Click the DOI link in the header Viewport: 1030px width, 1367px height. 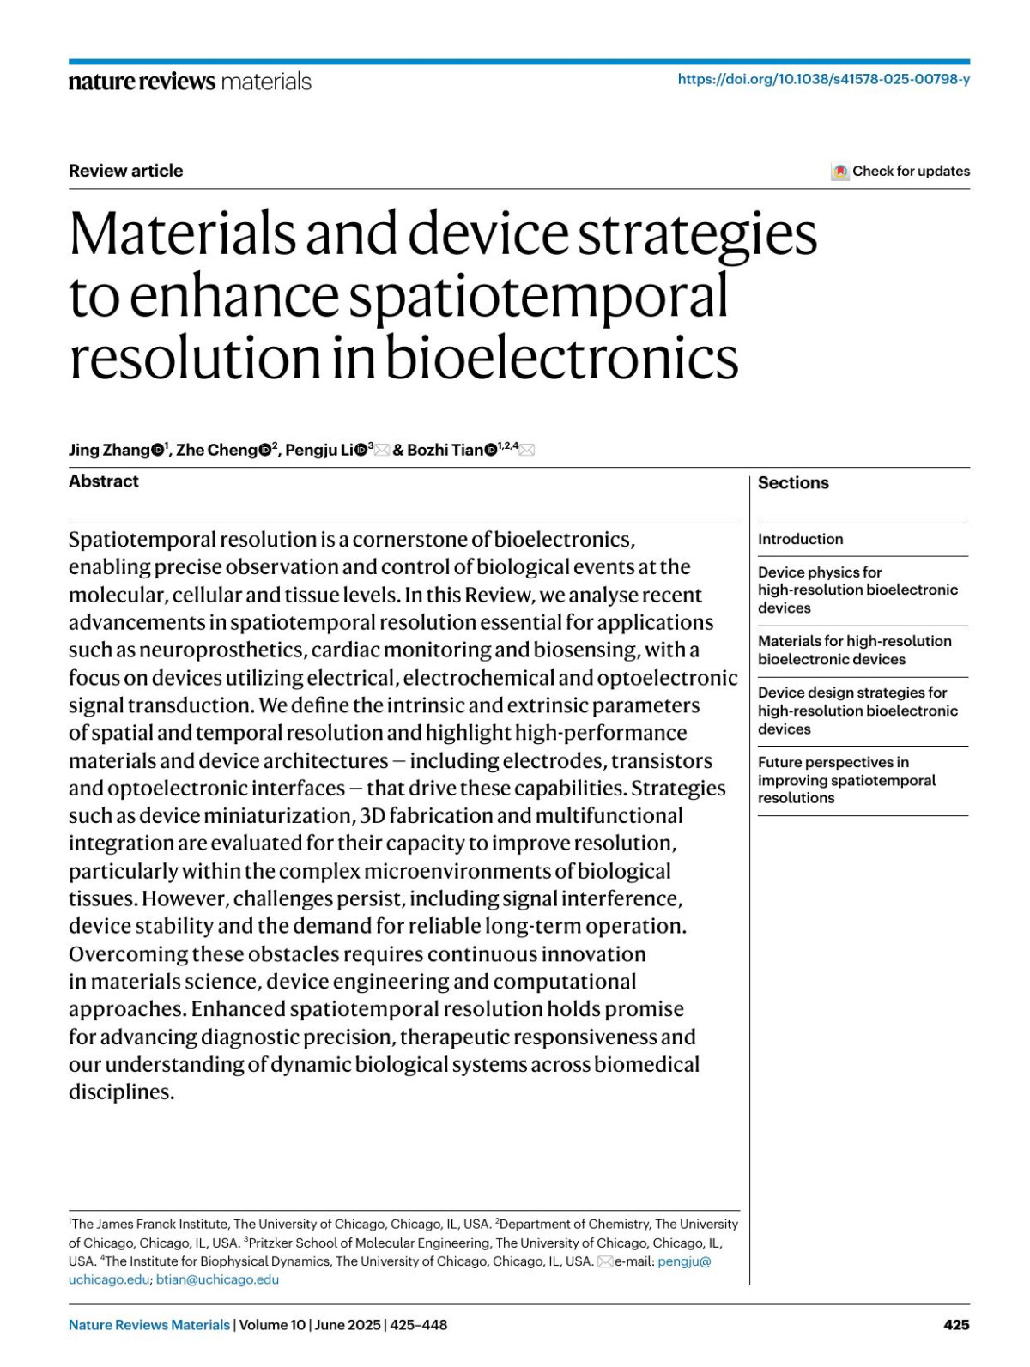pyautogui.click(x=823, y=79)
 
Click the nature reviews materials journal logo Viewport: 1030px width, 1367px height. pyautogui.click(x=190, y=82)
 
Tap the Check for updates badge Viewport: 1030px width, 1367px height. pyautogui.click(x=900, y=171)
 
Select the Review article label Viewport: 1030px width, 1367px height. pyautogui.click(x=126, y=171)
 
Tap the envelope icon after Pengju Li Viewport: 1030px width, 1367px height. pyautogui.click(x=382, y=450)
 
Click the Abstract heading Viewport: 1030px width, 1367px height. pyautogui.click(x=104, y=481)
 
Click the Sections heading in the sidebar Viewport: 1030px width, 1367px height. pyautogui.click(x=793, y=483)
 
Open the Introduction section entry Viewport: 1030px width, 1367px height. pyautogui.click(x=800, y=539)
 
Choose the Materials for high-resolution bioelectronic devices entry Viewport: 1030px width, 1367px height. pyautogui.click(x=854, y=650)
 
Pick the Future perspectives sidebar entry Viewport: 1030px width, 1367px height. pyautogui.click(x=846, y=779)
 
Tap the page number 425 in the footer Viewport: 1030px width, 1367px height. pyautogui.click(x=956, y=1324)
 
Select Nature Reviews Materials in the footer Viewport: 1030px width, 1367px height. pyautogui.click(x=149, y=1325)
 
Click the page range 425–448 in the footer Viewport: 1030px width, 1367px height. pyautogui.click(x=419, y=1325)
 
